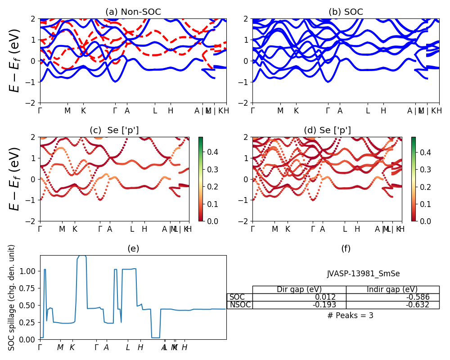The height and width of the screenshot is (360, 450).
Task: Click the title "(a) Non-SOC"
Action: (x=133, y=12)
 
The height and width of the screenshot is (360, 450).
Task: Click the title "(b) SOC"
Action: (x=346, y=12)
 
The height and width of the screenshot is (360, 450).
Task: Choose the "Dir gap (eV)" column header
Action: (x=299, y=289)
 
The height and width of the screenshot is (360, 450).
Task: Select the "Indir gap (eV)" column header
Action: (x=392, y=289)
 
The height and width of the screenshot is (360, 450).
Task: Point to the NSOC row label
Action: (x=239, y=305)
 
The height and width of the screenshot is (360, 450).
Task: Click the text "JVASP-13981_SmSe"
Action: (x=363, y=274)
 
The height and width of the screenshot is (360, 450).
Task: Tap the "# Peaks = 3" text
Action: (x=350, y=315)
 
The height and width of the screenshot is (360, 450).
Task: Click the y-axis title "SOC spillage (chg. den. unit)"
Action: (x=12, y=297)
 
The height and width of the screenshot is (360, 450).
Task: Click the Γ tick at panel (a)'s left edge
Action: (x=40, y=110)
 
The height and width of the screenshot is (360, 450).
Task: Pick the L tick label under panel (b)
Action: (x=368, y=110)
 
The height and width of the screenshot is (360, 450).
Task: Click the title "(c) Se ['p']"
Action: (x=114, y=130)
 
